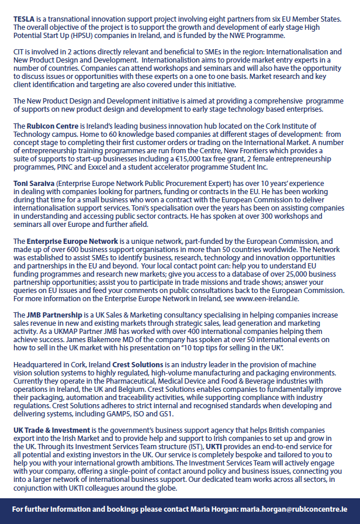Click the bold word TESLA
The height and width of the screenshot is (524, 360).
(24, 19)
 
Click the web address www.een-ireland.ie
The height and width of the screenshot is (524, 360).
(267, 298)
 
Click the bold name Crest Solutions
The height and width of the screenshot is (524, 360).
(139, 364)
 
